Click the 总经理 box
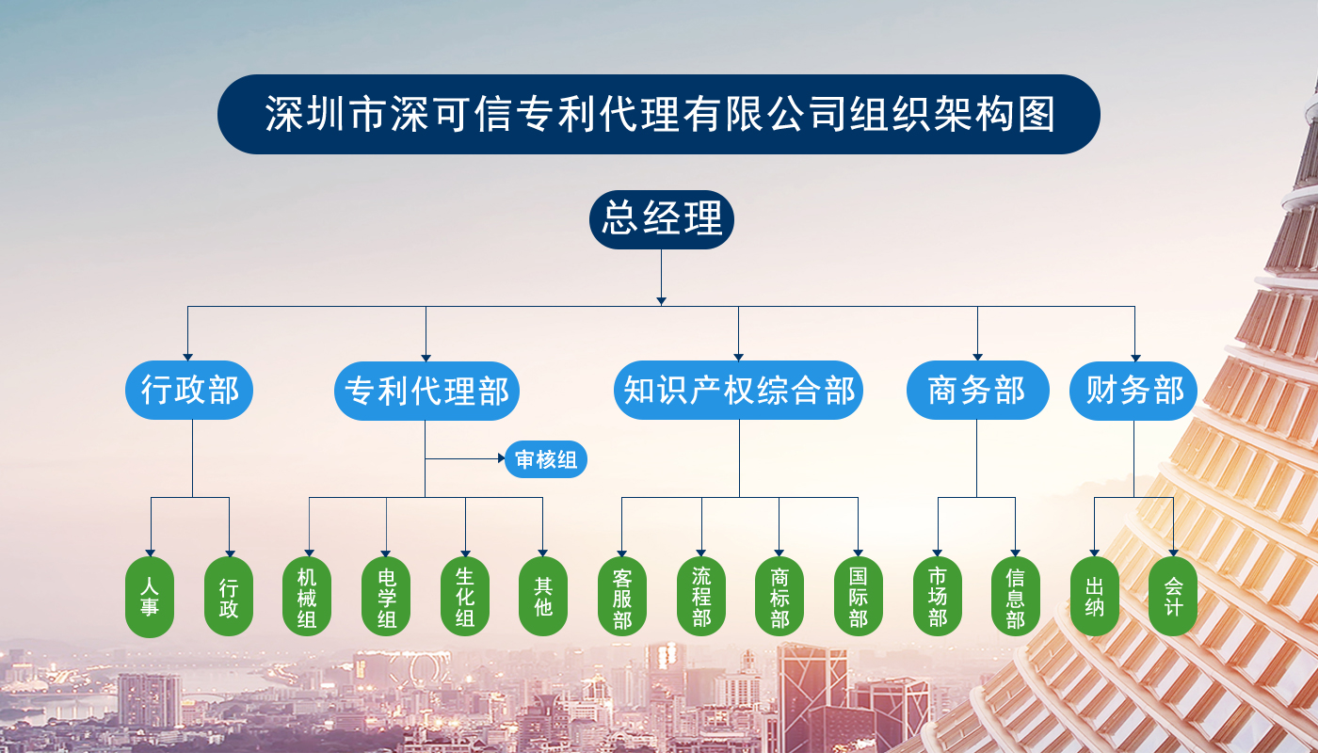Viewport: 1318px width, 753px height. tap(661, 219)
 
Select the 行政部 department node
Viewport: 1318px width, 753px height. tap(189, 390)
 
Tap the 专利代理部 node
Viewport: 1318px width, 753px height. tap(426, 391)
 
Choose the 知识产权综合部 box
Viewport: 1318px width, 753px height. tap(738, 390)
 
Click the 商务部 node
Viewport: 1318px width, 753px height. tap(977, 390)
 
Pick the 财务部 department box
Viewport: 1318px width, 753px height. tap(1133, 391)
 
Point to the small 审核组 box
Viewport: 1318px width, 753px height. tap(546, 459)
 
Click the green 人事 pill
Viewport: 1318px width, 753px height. tap(150, 597)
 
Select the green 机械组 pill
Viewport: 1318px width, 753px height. tap(307, 597)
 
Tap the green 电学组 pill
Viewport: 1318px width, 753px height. tap(386, 597)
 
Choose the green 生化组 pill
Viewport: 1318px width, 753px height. tap(465, 597)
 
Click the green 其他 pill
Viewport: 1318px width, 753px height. tap(543, 597)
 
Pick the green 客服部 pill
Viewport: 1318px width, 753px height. tap(622, 597)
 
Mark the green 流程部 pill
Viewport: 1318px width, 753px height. tap(701, 597)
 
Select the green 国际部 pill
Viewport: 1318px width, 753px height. tap(859, 597)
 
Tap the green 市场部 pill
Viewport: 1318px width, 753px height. tap(938, 597)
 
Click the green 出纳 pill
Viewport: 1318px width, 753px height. tap(1094, 597)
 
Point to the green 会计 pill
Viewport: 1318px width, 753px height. tap(1173, 597)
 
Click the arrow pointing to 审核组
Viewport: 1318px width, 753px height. tap(465, 458)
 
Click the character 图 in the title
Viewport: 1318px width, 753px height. tap(1037, 114)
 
